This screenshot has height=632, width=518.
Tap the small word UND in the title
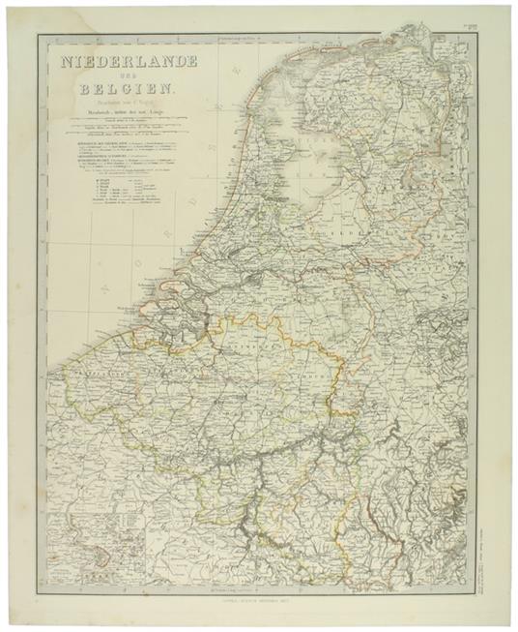click(130, 76)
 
